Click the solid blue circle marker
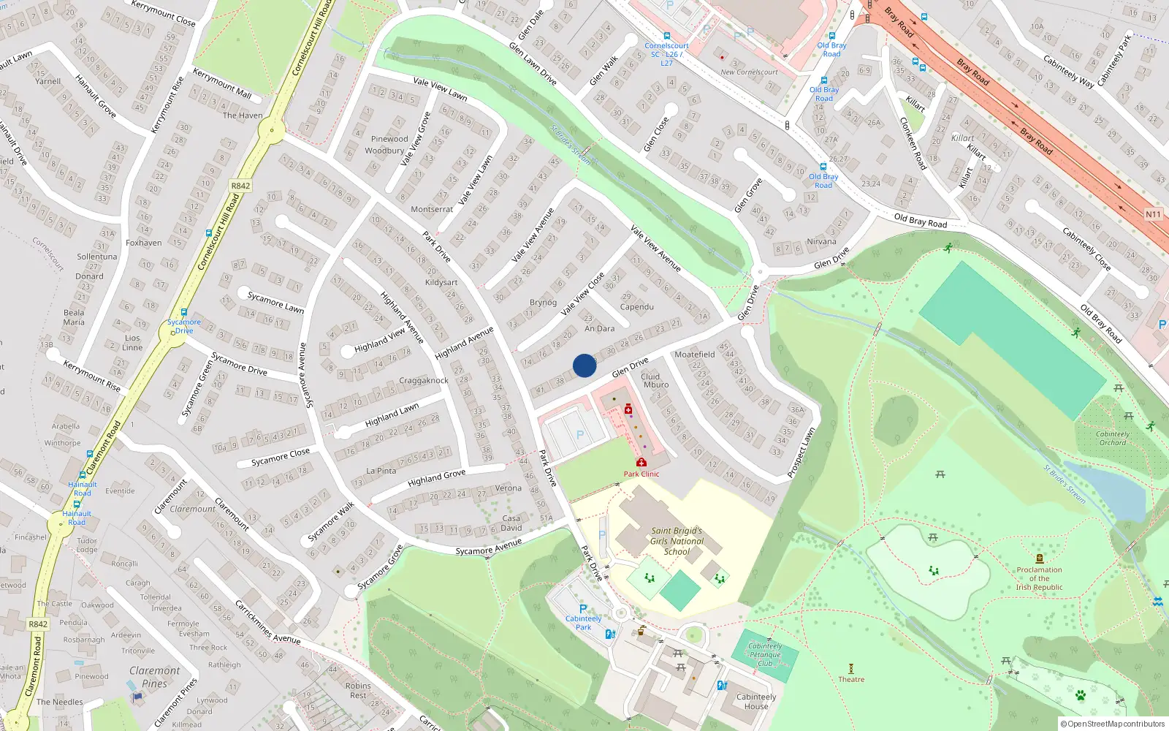coord(584,365)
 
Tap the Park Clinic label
coord(641,474)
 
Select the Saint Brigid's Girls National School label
coord(677,542)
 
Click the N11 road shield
coord(1153,214)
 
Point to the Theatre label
coord(851,679)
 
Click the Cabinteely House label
coord(756,702)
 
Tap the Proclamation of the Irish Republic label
coord(1039,578)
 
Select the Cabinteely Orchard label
coord(1113,438)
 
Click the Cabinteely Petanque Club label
coord(765,654)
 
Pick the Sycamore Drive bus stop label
coord(184,326)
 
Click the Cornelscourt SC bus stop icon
coord(666,36)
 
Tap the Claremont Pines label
coord(155,677)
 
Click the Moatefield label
coord(694,354)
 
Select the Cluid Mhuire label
coord(655,380)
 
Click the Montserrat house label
coord(432,209)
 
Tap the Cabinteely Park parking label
coord(583,622)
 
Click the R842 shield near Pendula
coord(38,624)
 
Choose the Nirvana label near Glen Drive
coord(821,241)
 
